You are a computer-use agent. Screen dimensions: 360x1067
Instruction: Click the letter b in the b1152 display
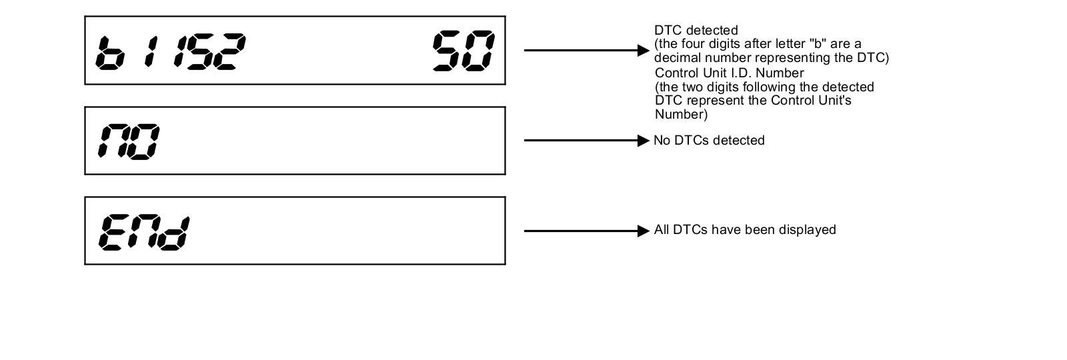coord(111,52)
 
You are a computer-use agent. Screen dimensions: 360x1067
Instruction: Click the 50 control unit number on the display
coord(463,51)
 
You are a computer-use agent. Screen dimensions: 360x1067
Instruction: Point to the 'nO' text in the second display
coord(129,141)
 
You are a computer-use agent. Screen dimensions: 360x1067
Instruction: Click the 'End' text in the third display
coord(143,232)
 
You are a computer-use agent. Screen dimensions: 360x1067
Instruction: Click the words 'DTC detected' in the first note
coord(696,31)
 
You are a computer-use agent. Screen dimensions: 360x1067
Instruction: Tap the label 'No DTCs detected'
coord(709,141)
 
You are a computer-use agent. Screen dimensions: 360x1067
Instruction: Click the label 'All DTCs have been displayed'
coord(745,230)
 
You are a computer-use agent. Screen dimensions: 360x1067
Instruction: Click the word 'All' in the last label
coord(662,230)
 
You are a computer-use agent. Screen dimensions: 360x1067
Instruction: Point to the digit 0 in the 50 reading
coord(479,51)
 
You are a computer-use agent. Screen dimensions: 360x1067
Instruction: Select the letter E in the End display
coord(112,232)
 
